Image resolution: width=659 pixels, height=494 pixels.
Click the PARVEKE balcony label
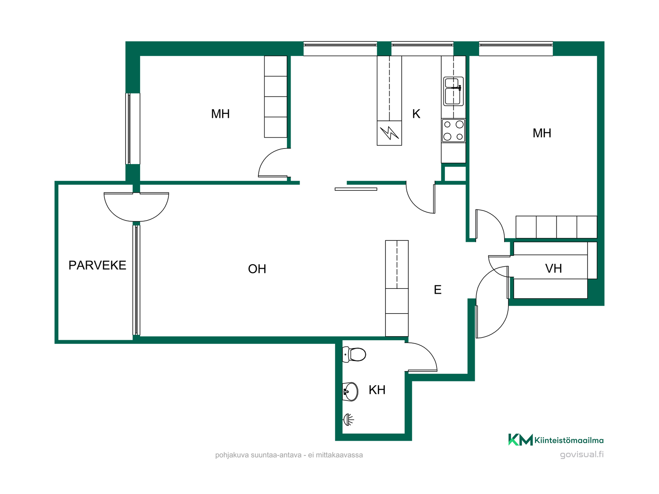97,265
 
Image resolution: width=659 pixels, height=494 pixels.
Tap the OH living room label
257,269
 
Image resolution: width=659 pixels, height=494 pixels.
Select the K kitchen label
416,114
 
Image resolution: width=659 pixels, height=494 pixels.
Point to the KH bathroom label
377,390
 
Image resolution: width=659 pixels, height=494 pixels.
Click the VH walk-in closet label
553,269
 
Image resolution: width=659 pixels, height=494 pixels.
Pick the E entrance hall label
438,290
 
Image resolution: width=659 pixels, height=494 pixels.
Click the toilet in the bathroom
354,354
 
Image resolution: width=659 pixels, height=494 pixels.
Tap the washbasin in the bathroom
350,391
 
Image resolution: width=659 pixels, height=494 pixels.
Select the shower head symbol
348,419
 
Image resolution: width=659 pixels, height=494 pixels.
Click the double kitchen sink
453,91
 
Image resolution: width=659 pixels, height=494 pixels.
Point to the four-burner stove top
453,131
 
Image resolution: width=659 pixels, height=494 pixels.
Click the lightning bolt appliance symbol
390,133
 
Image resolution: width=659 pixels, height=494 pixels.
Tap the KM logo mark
520,440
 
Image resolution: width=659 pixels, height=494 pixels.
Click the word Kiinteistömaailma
569,440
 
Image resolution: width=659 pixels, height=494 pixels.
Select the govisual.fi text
582,455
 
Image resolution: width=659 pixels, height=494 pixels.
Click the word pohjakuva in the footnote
232,455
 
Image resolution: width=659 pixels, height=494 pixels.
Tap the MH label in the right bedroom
542,133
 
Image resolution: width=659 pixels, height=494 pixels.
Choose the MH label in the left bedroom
220,114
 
